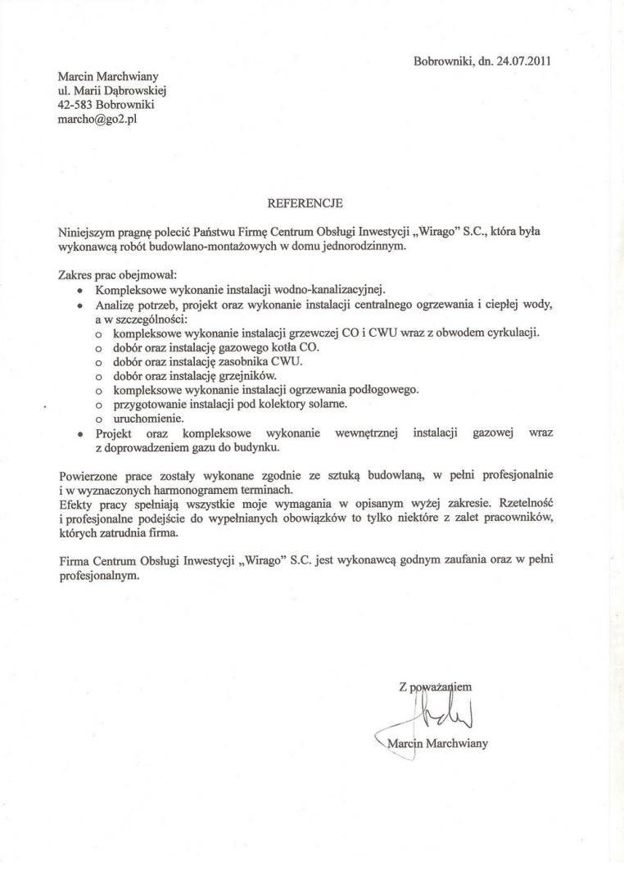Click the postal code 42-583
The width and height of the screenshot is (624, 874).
click(66, 105)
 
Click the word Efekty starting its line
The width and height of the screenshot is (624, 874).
click(66, 504)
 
